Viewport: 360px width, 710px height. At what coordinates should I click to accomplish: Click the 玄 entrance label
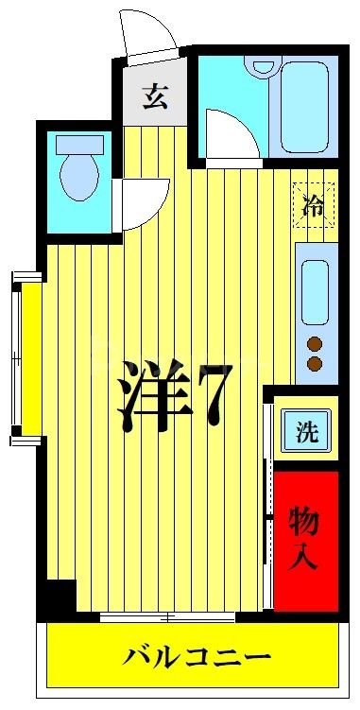coord(155,97)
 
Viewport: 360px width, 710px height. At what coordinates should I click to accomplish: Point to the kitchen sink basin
coord(316,290)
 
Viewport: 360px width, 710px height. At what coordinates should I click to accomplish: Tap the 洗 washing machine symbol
coord(307,433)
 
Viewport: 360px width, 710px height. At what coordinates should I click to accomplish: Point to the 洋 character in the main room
coord(151,392)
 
